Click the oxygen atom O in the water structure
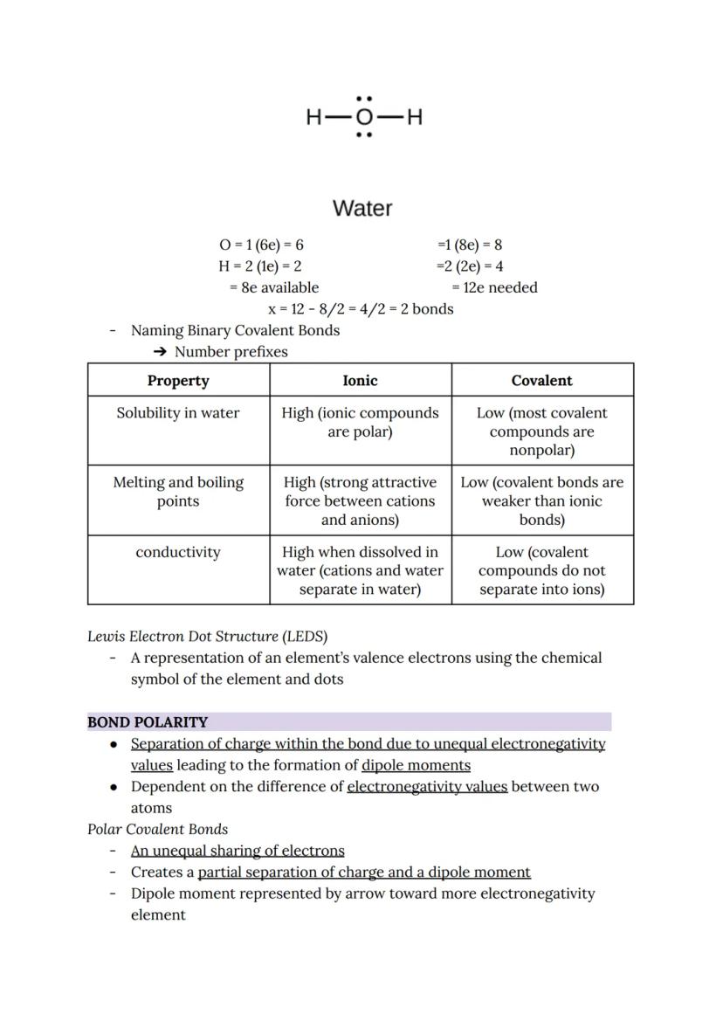pos(364,117)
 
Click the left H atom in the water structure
pos(313,117)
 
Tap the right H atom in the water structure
pos(415,117)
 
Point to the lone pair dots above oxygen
pos(364,99)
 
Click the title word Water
pos(362,209)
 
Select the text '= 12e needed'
pos(494,287)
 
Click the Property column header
pos(178,381)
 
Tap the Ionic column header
pos(360,381)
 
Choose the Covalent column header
pos(541,381)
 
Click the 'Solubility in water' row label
pos(178,413)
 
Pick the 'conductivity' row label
pos(178,552)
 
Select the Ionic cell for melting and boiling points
pos(360,501)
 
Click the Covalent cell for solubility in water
pos(541,431)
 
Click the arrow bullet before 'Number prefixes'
pos(160,352)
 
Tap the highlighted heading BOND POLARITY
pos(148,722)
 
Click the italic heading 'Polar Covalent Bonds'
pos(157,829)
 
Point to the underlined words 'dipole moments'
pos(416,765)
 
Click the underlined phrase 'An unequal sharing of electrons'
pos(238,851)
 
